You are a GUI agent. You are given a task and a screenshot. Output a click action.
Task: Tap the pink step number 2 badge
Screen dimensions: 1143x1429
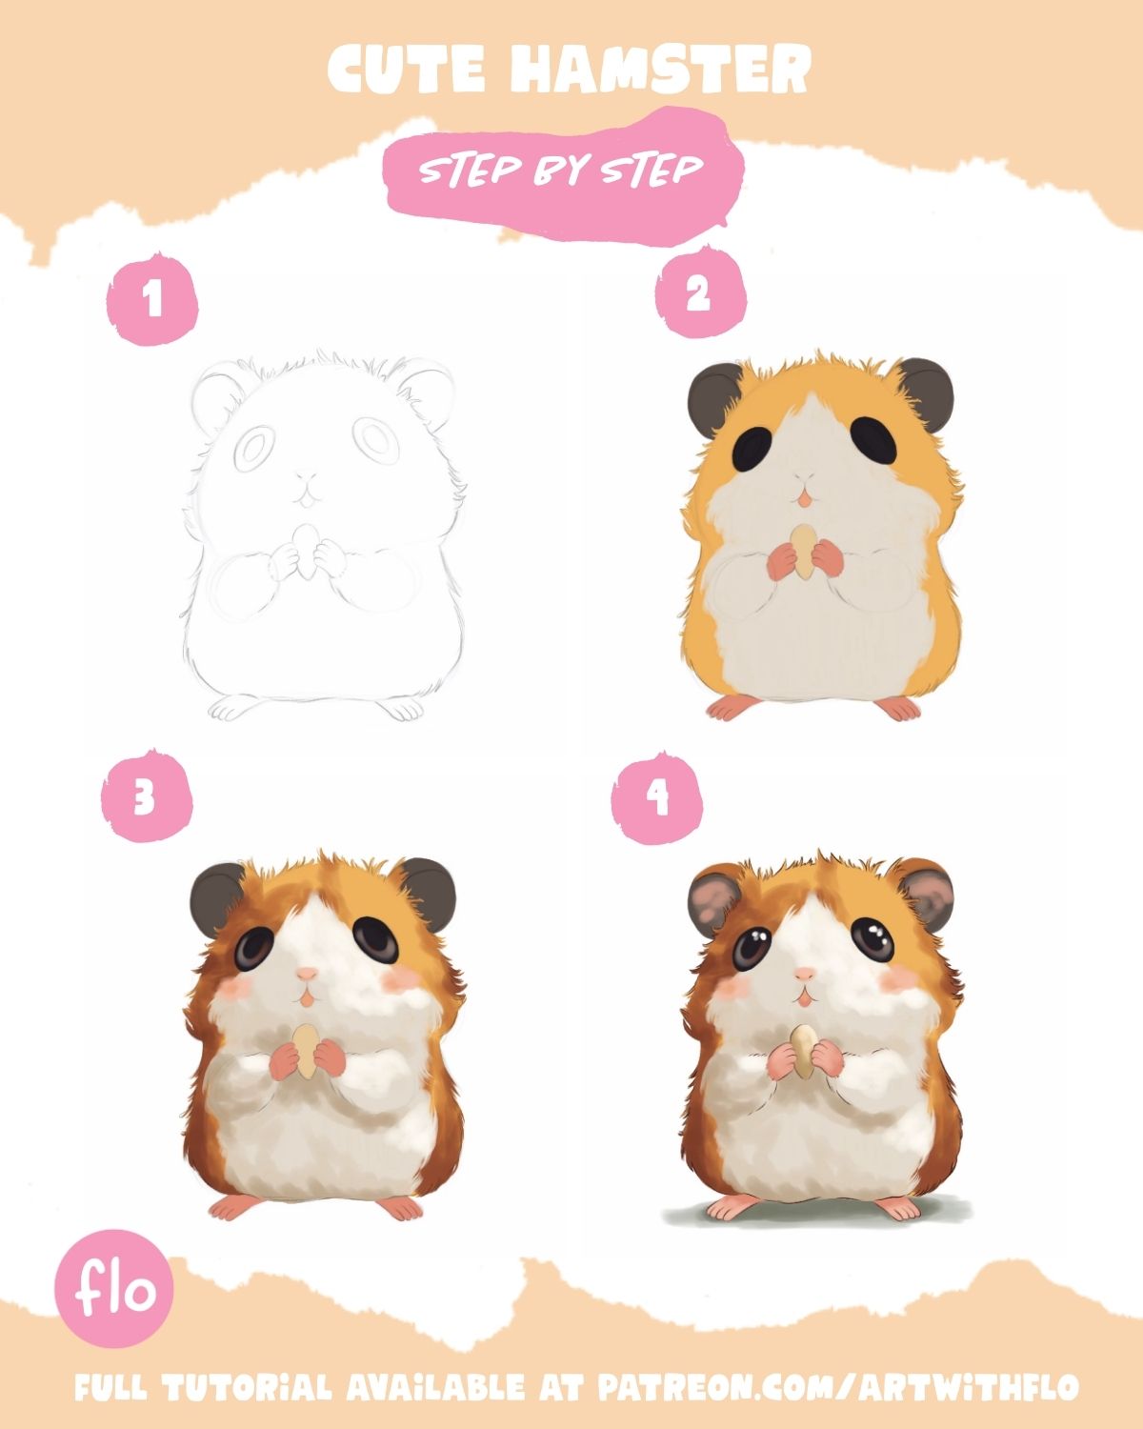point(701,293)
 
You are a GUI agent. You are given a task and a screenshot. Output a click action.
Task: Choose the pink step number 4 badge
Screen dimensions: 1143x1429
point(656,797)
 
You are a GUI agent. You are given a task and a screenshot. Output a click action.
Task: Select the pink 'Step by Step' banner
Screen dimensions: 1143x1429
point(563,174)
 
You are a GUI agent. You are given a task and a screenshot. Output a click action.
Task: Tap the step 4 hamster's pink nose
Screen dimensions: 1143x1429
point(804,975)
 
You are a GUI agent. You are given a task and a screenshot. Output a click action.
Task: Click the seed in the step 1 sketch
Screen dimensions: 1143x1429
point(306,551)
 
